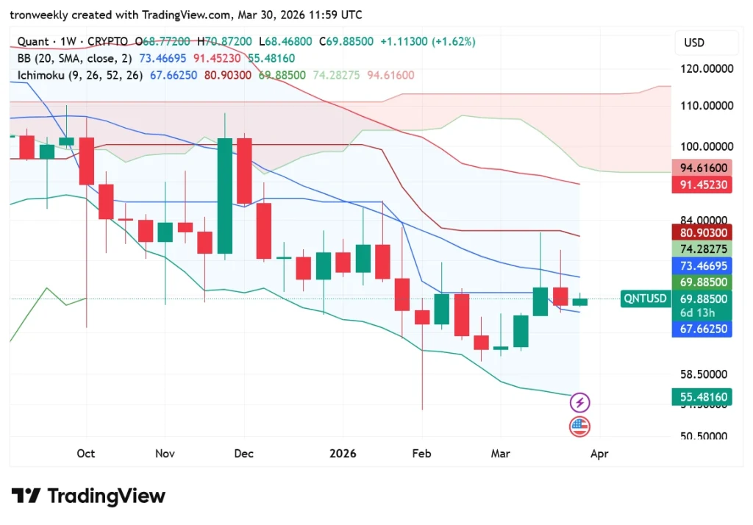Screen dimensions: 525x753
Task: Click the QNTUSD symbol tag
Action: pos(645,299)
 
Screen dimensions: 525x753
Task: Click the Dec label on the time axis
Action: pos(243,454)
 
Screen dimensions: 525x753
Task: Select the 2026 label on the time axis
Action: pos(343,454)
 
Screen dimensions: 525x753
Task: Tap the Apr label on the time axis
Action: pos(599,454)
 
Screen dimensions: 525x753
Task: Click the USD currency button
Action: pos(694,43)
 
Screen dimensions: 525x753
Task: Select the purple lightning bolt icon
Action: pos(580,402)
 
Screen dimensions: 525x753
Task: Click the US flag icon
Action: pos(580,426)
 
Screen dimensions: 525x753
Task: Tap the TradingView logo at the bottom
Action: pos(88,496)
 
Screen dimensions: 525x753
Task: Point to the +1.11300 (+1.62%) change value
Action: pos(427,42)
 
